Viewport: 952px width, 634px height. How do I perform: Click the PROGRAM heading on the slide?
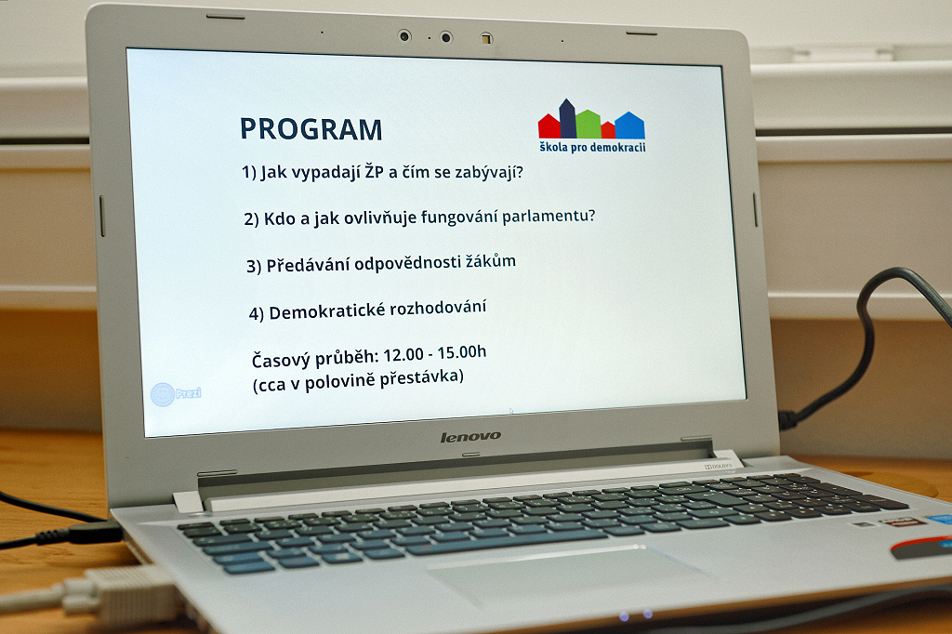click(x=311, y=129)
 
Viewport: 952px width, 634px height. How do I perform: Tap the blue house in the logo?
click(x=629, y=125)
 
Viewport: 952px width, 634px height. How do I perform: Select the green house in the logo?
click(x=588, y=124)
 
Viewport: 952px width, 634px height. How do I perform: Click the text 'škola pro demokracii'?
click(x=592, y=147)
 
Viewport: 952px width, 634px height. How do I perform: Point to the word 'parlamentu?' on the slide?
click(x=549, y=216)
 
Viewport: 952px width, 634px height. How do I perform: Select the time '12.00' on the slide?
click(x=403, y=355)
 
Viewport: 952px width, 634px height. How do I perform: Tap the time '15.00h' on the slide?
click(x=462, y=352)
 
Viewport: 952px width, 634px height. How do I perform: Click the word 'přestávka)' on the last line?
click(x=422, y=378)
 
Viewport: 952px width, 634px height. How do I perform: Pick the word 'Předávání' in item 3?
click(x=308, y=265)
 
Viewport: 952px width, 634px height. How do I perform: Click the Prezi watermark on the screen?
click(x=176, y=394)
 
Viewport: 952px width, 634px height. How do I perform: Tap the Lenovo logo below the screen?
click(x=470, y=437)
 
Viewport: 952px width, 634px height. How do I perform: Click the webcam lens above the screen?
click(x=404, y=36)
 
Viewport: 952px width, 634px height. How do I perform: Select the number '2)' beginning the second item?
click(x=251, y=219)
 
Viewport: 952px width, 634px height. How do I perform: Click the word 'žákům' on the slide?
click(x=491, y=261)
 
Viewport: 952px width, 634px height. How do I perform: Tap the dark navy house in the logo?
click(x=567, y=118)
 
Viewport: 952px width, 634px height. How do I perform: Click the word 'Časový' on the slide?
click(x=281, y=361)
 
